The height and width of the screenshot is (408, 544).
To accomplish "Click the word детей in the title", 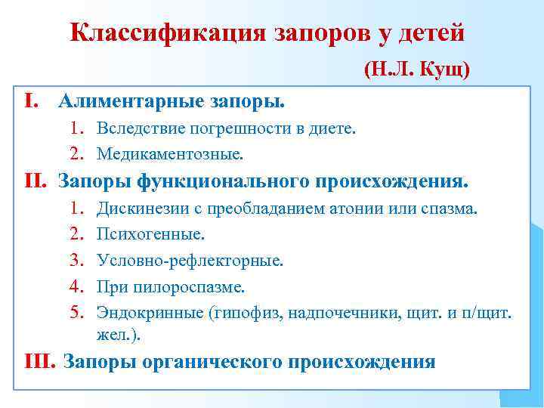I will tap(434, 33).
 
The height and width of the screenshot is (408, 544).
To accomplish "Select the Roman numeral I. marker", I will tap(31, 100).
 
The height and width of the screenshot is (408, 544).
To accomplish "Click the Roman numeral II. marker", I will tap(36, 182).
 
